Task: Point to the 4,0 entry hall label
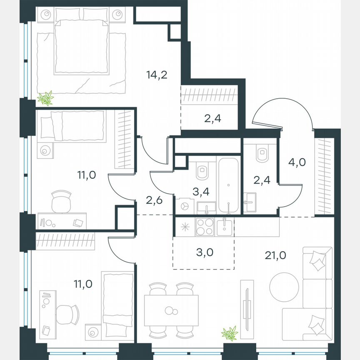[297, 162]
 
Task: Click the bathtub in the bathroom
[228, 185]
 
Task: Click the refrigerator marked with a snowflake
[185, 227]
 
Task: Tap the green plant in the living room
[229, 333]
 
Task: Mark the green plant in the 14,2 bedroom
[45, 98]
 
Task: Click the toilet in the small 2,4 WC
[262, 154]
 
